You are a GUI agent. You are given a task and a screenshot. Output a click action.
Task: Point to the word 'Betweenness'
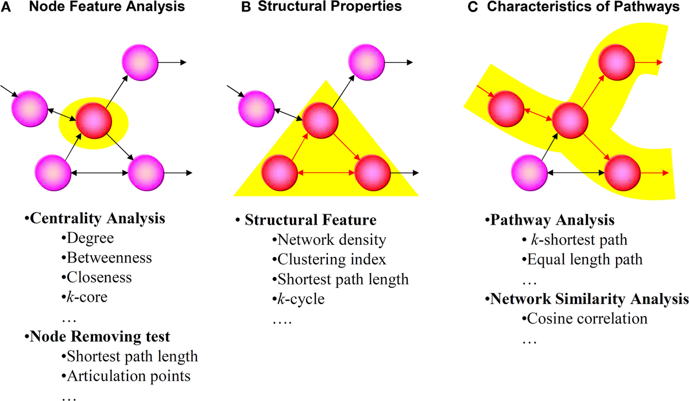109,257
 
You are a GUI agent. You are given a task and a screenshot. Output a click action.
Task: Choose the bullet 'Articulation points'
129,376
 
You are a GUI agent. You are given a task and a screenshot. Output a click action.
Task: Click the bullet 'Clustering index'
329,259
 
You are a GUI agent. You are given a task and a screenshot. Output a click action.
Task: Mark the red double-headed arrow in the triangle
326,172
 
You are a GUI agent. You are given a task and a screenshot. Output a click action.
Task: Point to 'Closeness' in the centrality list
99,277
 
